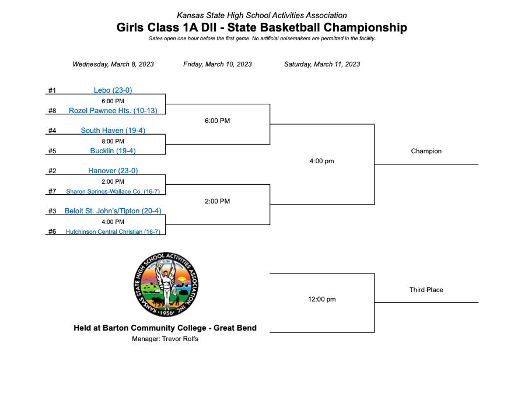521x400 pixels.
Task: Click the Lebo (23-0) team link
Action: click(x=113, y=90)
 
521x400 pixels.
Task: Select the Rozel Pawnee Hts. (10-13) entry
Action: click(x=113, y=110)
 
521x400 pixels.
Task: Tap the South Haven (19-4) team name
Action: click(x=113, y=131)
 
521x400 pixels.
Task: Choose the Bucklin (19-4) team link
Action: click(x=113, y=150)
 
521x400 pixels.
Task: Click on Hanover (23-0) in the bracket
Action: click(x=113, y=171)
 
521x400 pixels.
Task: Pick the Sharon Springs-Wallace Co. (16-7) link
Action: click(x=113, y=191)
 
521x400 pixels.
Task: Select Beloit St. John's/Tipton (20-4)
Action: click(x=113, y=211)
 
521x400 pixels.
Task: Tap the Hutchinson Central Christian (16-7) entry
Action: click(x=113, y=231)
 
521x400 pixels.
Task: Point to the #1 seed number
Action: click(x=52, y=90)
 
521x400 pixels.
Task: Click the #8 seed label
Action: click(x=52, y=111)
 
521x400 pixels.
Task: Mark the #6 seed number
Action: click(x=52, y=231)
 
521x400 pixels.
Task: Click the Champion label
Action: click(x=426, y=151)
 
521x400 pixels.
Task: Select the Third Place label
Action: click(x=426, y=290)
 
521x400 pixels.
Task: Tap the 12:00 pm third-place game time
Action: click(x=321, y=299)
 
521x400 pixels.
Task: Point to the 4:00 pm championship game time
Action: click(x=321, y=161)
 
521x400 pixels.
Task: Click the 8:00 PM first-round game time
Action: click(x=113, y=141)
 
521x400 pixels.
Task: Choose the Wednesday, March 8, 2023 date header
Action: click(x=113, y=64)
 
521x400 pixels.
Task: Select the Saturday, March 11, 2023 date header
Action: click(x=321, y=64)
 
